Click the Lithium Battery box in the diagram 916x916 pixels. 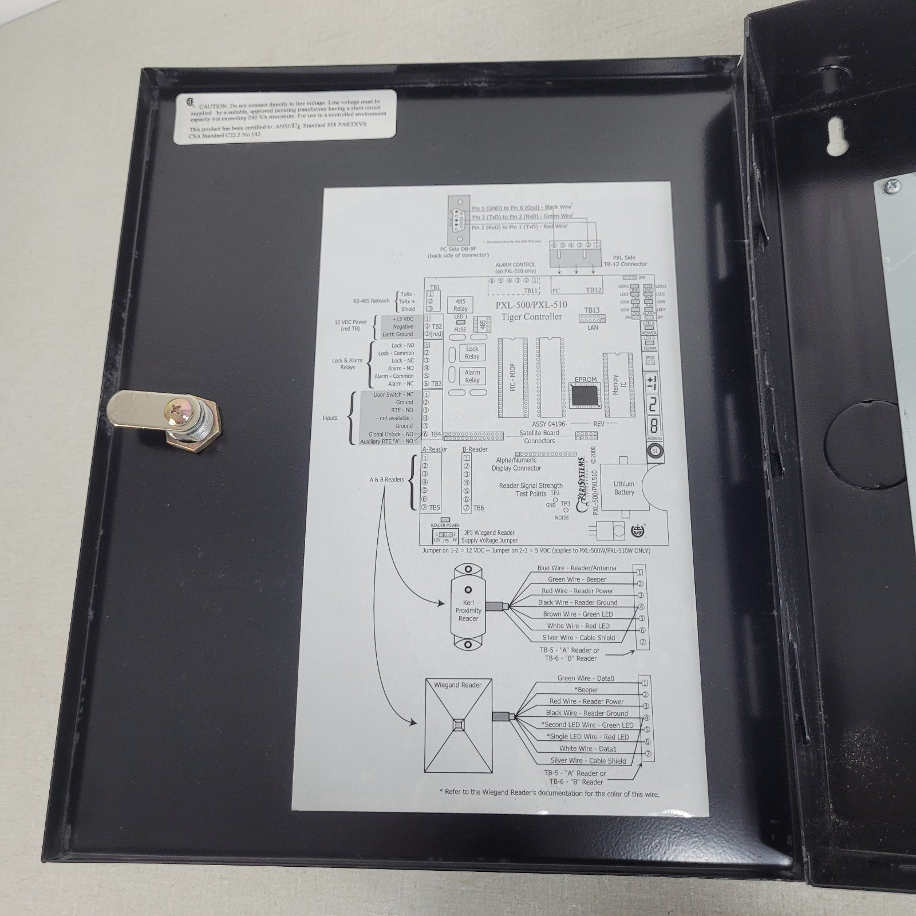pos(624,488)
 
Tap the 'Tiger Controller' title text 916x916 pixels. pos(532,317)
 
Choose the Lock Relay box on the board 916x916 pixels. pos(472,353)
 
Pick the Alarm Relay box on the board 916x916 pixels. pos(472,376)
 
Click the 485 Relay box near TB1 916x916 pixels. pos(460,305)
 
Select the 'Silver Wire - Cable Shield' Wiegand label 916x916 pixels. pos(588,760)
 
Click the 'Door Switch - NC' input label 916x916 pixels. pos(393,394)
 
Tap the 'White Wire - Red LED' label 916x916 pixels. pos(578,626)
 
